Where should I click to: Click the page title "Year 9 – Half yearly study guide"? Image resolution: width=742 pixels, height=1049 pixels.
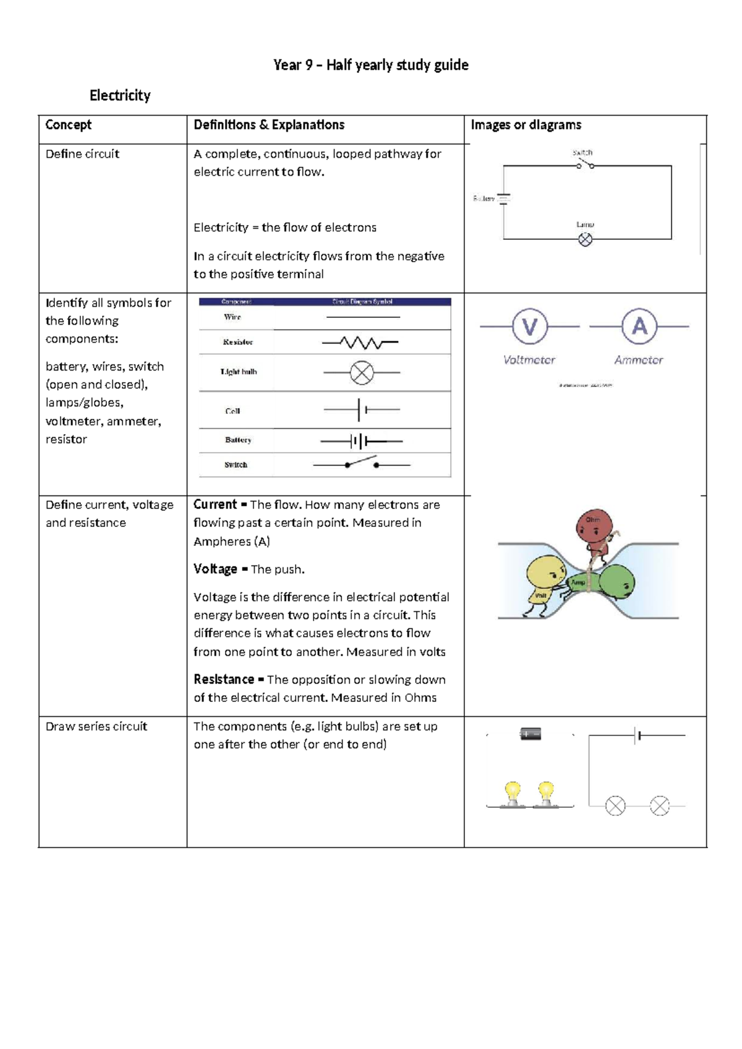tap(371, 65)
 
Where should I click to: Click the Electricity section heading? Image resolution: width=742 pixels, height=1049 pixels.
tap(120, 95)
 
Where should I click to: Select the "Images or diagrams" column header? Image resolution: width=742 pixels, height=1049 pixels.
tap(526, 125)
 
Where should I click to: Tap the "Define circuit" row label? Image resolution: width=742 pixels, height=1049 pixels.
tap(82, 154)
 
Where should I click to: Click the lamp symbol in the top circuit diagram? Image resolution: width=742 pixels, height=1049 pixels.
tap(585, 239)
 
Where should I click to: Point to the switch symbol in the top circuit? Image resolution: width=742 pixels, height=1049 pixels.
tap(585, 165)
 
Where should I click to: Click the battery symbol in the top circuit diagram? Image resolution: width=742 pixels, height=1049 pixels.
tap(504, 199)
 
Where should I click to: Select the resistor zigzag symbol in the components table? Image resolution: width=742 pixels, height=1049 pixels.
tap(360, 342)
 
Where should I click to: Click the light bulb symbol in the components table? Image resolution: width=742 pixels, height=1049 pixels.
tap(362, 372)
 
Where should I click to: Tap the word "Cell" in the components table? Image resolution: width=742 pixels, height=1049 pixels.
tap(232, 411)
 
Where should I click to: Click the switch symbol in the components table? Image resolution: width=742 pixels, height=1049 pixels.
tap(362, 463)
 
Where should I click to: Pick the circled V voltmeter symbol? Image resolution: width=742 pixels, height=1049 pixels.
tap(530, 327)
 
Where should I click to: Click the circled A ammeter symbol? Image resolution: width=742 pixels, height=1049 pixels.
tap(639, 327)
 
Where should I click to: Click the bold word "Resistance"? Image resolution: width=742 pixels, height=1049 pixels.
tap(224, 679)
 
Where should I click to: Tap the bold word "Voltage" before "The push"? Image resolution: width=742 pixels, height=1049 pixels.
tap(215, 569)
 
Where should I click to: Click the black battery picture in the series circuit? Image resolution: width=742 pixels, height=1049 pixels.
tap(531, 734)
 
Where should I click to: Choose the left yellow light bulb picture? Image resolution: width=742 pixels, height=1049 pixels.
tap(513, 794)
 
